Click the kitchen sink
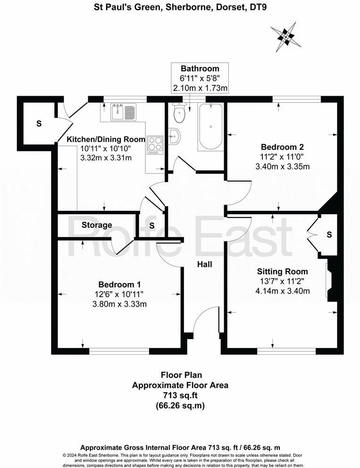tap(123, 112)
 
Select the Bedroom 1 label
tap(119, 284)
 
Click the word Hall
tap(204, 265)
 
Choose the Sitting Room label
tap(282, 271)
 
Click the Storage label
tap(97, 225)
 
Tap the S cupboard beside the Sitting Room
tap(329, 234)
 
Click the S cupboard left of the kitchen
tap(39, 124)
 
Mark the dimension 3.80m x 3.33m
tap(120, 304)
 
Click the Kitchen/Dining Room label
tap(106, 139)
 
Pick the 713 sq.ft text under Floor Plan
tap(180, 395)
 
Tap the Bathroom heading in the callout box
tap(200, 69)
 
